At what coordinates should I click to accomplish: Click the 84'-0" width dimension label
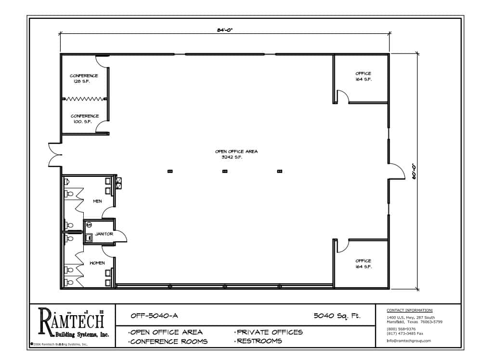point(225,30)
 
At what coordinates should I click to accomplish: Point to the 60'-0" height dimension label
point(414,171)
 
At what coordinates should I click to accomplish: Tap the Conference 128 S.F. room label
point(84,79)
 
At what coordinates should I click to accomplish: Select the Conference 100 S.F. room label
point(85,119)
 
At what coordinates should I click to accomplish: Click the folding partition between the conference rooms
point(84,99)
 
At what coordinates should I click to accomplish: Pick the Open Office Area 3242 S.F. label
point(236,154)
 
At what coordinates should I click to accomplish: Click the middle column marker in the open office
point(225,171)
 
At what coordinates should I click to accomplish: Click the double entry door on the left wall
point(54,155)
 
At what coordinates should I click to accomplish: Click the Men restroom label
point(97,201)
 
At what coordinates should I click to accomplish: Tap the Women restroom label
point(97,263)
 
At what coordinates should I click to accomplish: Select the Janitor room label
point(104,234)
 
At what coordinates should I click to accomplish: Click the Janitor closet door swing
point(121,236)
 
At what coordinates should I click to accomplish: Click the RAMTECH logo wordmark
point(71,320)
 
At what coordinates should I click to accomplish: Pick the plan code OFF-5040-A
point(154,316)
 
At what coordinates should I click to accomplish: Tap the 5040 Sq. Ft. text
point(337,316)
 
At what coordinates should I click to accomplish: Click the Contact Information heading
point(409,310)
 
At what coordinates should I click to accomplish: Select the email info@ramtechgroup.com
point(409,341)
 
